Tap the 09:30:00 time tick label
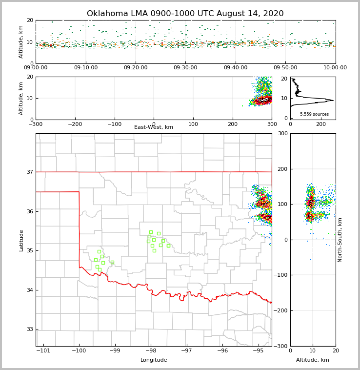[185, 68]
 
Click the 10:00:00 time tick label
[335, 68]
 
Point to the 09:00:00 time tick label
[36, 68]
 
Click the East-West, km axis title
[154, 127]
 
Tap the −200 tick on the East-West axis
[75, 124]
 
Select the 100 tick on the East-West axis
[193, 124]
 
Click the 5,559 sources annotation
[314, 114]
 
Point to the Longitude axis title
[154, 360]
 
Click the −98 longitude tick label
[150, 350]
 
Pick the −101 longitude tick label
[43, 350]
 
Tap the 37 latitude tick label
[30, 172]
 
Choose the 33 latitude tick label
[30, 329]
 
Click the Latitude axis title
[21, 240]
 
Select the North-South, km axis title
[340, 240]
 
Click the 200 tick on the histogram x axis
[321, 124]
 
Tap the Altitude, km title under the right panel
[313, 360]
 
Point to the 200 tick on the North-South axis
[283, 169]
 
